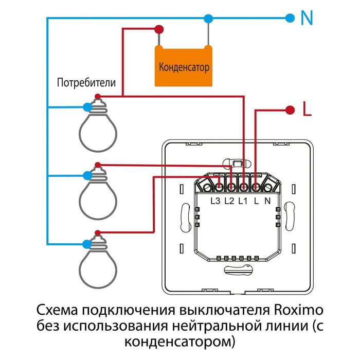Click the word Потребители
click(x=86, y=82)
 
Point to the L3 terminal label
click(x=215, y=201)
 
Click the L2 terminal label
click(x=229, y=201)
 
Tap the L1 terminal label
click(x=243, y=201)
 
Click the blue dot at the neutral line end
click(x=290, y=19)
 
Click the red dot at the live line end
click(x=290, y=110)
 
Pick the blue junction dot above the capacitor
click(x=208, y=19)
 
